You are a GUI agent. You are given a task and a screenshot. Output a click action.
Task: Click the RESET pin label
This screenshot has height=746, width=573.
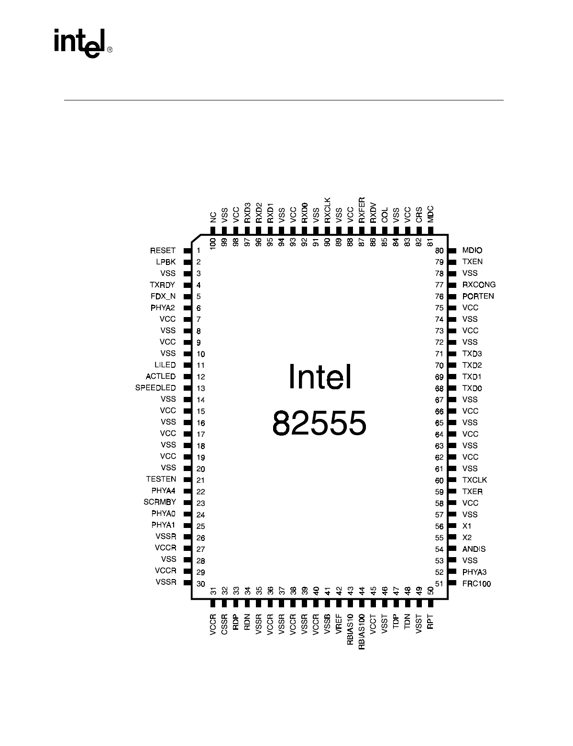(163, 251)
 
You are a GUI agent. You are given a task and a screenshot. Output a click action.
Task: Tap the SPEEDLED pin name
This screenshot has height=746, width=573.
(155, 388)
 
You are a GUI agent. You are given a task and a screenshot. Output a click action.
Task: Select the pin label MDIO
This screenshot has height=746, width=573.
(472, 251)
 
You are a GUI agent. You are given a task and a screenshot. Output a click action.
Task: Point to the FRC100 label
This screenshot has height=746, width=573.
(476, 583)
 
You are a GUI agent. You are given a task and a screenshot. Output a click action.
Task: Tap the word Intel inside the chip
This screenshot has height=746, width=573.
(320, 377)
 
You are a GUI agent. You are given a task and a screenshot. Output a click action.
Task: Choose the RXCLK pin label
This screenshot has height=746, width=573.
(328, 210)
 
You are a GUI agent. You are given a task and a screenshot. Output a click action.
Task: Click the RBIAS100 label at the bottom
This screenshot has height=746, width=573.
(362, 632)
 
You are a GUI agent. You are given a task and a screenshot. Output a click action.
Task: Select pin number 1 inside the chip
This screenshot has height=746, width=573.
(198, 251)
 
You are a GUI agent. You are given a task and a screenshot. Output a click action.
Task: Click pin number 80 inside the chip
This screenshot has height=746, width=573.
(439, 251)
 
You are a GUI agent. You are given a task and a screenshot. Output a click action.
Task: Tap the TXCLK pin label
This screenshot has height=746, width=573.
(474, 480)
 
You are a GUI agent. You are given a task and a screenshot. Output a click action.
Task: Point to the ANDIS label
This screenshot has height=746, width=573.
(474, 549)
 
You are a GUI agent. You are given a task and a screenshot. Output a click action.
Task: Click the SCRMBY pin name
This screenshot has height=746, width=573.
(160, 502)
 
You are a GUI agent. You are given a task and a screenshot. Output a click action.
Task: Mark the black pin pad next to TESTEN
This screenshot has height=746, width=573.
(187, 480)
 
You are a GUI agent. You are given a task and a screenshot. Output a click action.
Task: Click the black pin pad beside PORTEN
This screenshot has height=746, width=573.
(452, 296)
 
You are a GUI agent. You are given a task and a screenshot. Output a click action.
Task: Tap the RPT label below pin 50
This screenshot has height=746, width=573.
(430, 623)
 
